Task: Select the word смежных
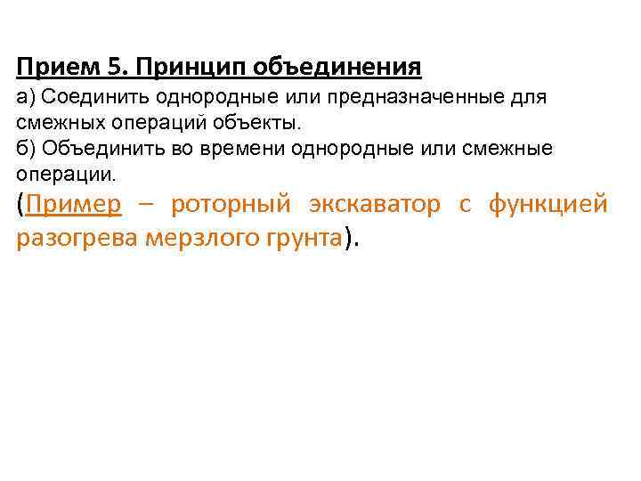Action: pos(56,121)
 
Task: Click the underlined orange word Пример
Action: pos(74,205)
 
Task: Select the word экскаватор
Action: pos(374,205)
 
